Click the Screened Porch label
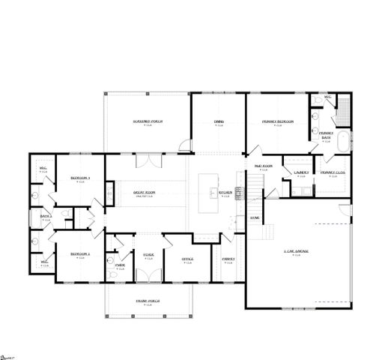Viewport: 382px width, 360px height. tap(148, 121)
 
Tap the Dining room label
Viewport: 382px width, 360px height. tap(219, 121)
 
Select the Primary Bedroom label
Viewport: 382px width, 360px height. tap(276, 121)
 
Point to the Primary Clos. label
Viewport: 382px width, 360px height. tap(333, 173)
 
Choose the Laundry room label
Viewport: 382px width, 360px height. tap(301, 172)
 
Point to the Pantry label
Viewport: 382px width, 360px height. tap(228, 259)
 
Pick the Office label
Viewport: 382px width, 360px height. tap(188, 259)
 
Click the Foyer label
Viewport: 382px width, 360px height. tap(148, 255)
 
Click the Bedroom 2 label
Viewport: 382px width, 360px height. tap(80, 254)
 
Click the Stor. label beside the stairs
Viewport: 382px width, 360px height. tap(255, 217)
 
